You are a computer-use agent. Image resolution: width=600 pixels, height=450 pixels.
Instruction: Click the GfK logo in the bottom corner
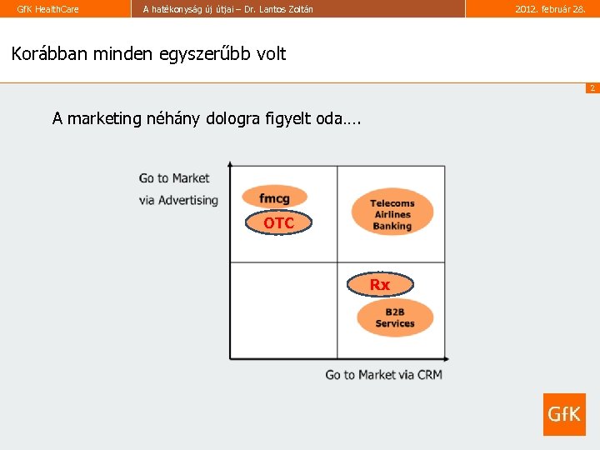(x=564, y=414)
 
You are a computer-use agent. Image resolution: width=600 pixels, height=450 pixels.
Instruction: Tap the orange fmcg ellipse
(x=274, y=197)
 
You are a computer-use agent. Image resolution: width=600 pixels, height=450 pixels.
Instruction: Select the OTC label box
(x=279, y=223)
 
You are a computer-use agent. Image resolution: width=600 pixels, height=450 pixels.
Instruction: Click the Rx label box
(x=379, y=285)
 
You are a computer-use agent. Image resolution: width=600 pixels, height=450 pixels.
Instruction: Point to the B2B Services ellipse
(x=395, y=318)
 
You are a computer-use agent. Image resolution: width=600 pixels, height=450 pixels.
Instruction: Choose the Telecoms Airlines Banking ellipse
(x=392, y=214)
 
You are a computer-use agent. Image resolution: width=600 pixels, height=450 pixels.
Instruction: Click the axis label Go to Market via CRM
(x=383, y=375)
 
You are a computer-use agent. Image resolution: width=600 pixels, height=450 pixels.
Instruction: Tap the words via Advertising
(x=178, y=200)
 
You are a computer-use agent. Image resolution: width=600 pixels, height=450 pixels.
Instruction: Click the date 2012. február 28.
(x=550, y=9)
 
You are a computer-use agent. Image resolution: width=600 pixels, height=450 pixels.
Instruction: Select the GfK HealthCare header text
(x=48, y=9)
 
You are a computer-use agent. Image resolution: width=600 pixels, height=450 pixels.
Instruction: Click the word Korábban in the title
(x=50, y=54)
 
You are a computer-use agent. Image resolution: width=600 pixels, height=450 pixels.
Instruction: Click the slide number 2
(x=592, y=88)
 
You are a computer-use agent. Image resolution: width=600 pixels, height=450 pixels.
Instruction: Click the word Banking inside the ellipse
(x=392, y=226)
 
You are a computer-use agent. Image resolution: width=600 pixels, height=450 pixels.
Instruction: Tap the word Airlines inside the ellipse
(x=392, y=215)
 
